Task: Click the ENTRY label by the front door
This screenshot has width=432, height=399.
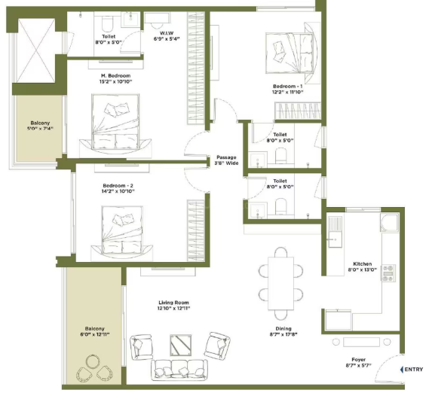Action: coord(414,370)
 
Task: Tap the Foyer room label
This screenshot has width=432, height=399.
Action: coord(358,360)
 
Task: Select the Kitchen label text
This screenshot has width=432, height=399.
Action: coord(363,264)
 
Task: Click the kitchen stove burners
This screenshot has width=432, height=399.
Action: coord(388,273)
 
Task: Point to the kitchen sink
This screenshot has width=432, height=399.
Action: coord(335,239)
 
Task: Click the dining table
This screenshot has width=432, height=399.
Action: coord(280,283)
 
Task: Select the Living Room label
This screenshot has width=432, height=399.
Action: coord(173,303)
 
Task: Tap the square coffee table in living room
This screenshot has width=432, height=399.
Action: coord(180,345)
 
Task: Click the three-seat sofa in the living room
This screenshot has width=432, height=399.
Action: coord(179,370)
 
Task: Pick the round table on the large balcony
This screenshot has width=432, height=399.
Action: coord(93,361)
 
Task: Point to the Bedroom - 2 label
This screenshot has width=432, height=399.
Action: coord(118,186)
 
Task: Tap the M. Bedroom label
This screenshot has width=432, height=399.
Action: coord(115,76)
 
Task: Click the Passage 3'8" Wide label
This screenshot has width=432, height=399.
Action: coord(226,160)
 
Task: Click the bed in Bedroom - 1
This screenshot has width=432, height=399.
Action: coord(293,53)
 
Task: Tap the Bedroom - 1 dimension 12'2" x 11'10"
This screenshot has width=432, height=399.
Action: coord(288,92)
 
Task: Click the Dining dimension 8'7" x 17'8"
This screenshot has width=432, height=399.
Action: coord(283,334)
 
